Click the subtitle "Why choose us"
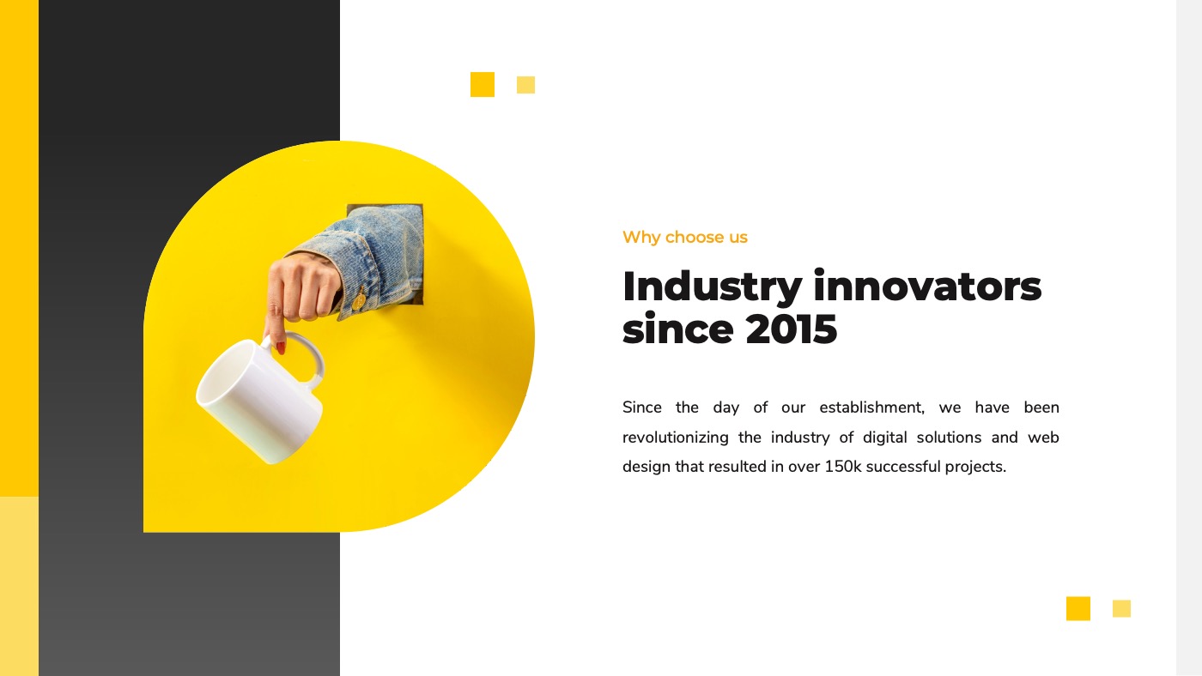click(684, 237)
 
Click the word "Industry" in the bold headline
click(712, 287)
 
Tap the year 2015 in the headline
click(791, 329)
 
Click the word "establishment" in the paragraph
click(871, 407)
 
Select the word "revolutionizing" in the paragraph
click(675, 438)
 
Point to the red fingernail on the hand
click(280, 347)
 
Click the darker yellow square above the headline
click(483, 84)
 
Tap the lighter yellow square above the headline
click(525, 85)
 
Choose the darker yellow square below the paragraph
click(1078, 608)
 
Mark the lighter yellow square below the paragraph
click(1121, 608)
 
